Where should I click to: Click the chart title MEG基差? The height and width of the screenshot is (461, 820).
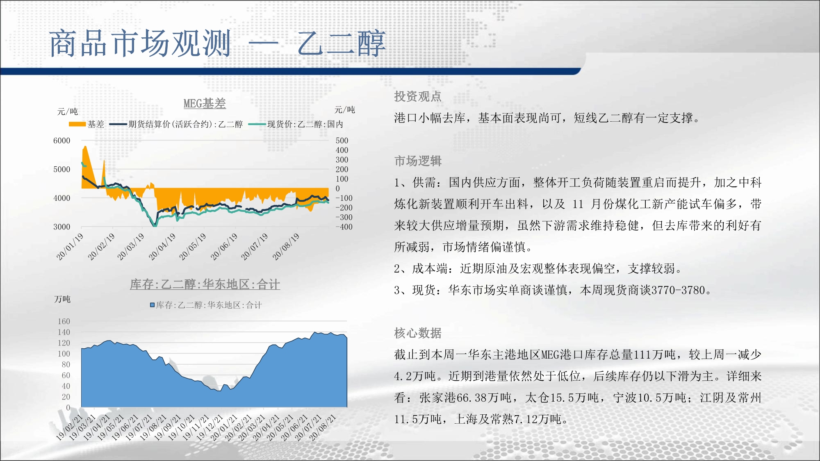205,103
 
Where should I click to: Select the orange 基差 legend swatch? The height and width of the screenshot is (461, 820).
77,124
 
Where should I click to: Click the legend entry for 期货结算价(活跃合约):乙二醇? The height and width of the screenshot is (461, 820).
176,124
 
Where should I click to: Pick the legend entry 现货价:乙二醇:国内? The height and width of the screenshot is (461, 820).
296,124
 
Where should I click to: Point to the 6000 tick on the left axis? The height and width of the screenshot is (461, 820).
62,141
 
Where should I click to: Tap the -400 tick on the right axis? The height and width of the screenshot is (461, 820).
344,227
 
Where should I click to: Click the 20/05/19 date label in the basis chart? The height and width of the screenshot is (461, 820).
192,247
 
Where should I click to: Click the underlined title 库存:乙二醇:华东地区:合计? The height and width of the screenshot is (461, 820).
205,284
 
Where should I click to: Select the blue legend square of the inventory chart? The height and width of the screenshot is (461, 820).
152,305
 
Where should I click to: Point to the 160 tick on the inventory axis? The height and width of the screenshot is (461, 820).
64,321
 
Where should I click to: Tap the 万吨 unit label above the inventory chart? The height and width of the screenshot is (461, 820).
62,299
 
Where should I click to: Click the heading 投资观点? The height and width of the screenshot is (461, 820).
418,96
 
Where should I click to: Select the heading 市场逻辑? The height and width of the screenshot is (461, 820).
418,161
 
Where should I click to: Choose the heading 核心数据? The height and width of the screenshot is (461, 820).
418,333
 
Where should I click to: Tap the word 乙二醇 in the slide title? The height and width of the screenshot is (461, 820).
342,43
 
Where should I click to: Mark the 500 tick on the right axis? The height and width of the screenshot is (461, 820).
342,141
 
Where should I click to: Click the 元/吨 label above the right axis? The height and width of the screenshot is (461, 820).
345,110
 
